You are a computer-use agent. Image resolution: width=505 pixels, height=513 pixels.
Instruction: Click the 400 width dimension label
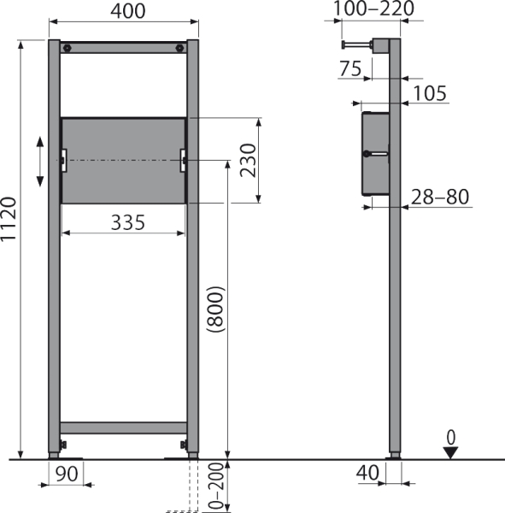tap(128, 11)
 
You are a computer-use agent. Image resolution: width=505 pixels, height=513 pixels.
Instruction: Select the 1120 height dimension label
tap(9, 220)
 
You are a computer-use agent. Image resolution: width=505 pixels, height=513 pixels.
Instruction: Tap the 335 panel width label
tap(128, 222)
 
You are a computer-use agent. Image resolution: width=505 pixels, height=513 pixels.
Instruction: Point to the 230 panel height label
tap(248, 161)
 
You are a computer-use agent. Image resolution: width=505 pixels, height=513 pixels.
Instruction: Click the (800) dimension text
tap(216, 310)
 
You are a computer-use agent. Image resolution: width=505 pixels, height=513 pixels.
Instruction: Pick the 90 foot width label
tap(67, 474)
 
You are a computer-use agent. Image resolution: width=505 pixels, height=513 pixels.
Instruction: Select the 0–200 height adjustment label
tap(216, 486)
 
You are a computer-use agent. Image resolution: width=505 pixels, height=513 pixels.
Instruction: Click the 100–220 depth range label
tap(373, 9)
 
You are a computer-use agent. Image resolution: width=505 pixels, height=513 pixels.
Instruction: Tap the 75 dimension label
tap(350, 68)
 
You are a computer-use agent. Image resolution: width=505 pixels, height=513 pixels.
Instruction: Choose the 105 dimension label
tap(430, 93)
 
